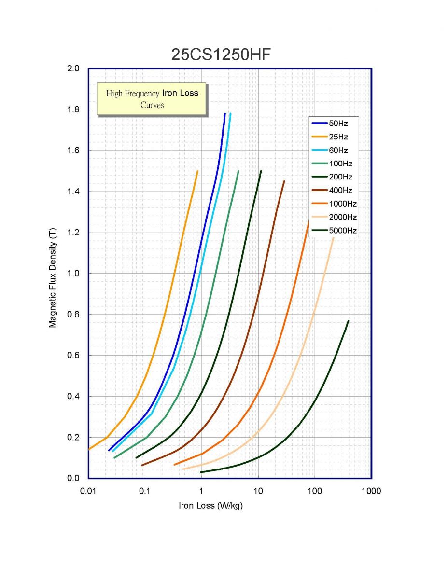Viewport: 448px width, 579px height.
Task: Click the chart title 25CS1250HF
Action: pos(221,55)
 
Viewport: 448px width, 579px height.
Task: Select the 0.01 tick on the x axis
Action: pos(88,491)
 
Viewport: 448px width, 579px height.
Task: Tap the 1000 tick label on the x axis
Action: pos(371,491)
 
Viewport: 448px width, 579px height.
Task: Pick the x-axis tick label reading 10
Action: pos(258,491)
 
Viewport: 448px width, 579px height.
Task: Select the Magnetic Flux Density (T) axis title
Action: pos(53,274)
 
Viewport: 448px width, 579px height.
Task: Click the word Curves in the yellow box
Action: pos(152,105)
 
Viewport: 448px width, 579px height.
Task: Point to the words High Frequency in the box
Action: pos(132,93)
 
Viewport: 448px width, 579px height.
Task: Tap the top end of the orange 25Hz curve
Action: pos(197,171)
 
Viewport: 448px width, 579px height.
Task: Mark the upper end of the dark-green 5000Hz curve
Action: pos(348,320)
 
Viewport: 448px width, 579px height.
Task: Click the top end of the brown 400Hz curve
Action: pos(284,181)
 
